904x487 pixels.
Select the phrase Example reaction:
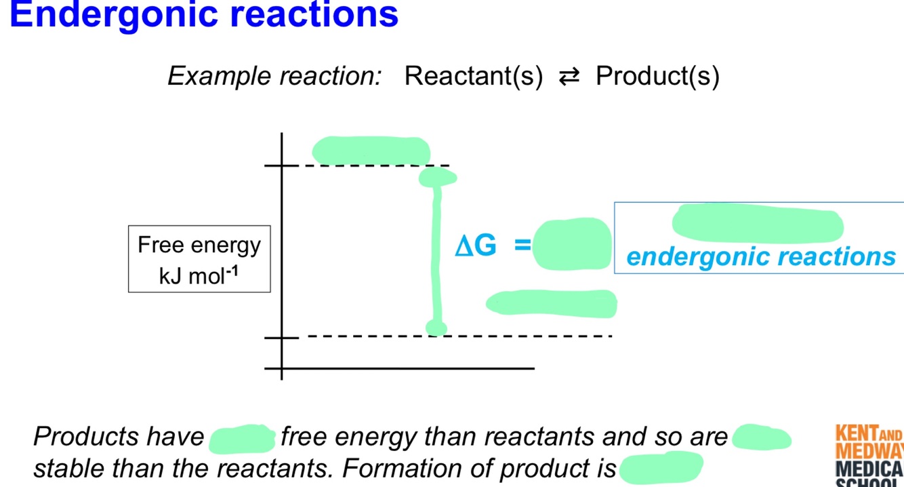point(274,76)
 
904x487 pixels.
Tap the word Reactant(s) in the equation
point(474,76)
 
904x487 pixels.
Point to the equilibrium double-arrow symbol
point(569,77)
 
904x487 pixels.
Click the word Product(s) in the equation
point(657,76)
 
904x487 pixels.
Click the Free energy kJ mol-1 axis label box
point(199,259)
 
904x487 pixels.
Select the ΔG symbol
point(476,246)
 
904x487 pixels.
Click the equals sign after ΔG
point(522,245)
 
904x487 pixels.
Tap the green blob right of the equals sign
point(571,244)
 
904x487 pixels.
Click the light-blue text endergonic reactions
point(760,256)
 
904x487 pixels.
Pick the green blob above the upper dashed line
point(371,150)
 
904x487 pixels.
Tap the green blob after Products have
point(242,438)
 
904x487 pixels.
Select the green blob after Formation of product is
point(661,467)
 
